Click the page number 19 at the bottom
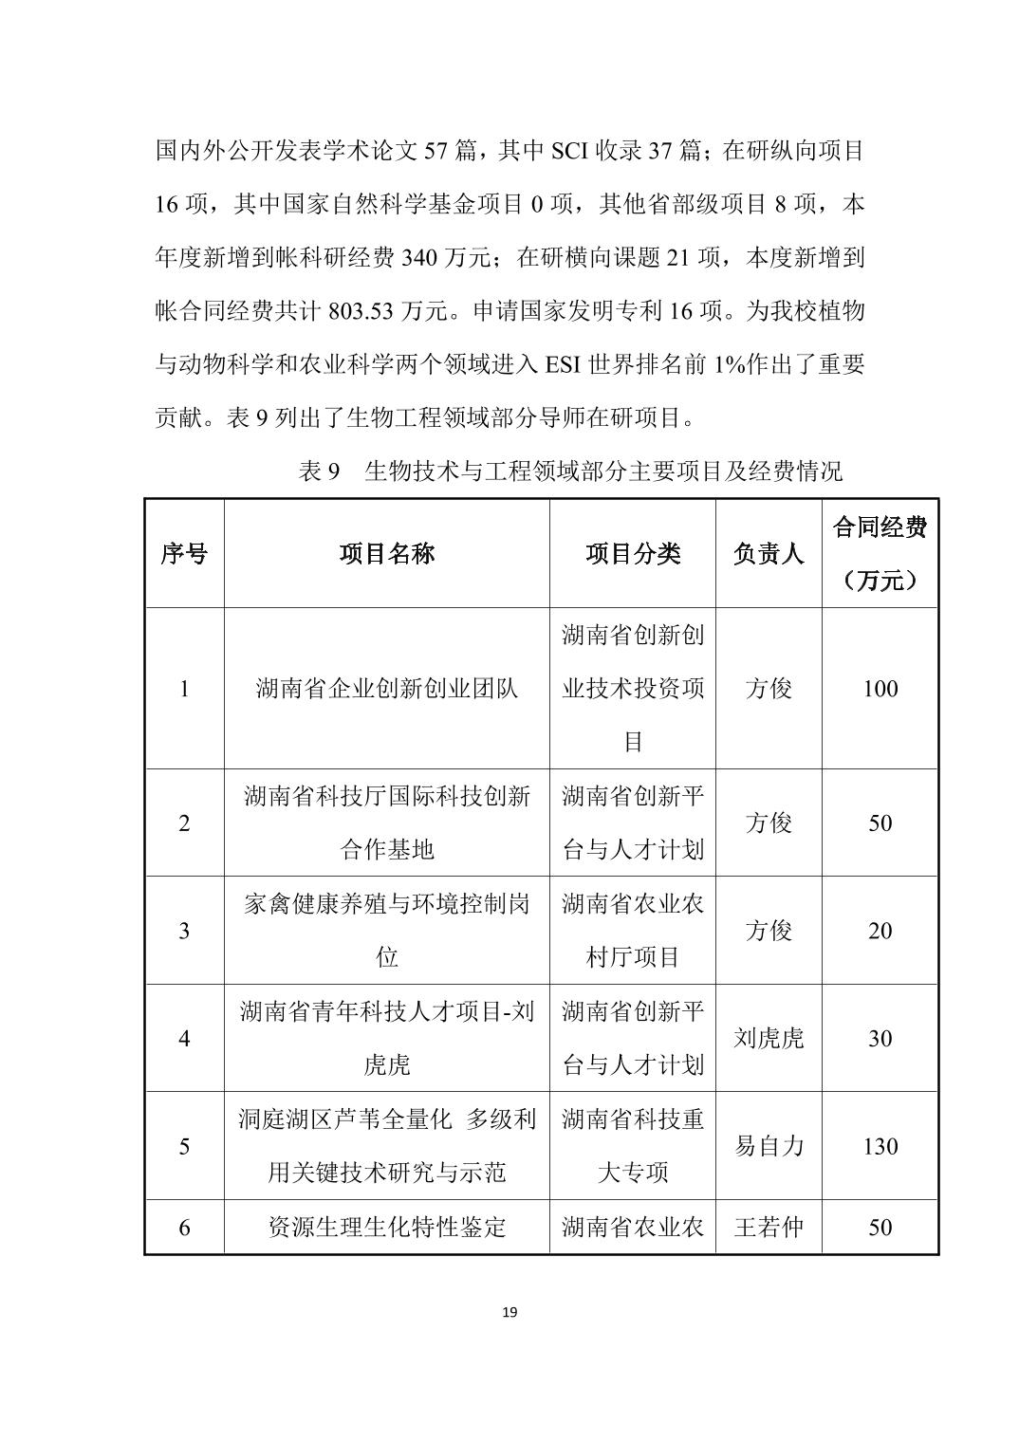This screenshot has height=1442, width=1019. click(x=509, y=1313)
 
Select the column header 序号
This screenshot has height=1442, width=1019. click(x=184, y=554)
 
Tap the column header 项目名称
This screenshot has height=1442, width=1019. click(x=387, y=554)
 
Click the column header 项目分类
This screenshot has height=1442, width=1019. click(x=633, y=554)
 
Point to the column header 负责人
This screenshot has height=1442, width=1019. click(x=769, y=554)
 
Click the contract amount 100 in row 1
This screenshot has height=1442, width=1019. click(x=880, y=689)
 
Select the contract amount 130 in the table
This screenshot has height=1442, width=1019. click(x=880, y=1146)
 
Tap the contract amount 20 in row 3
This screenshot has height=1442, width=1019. click(x=880, y=931)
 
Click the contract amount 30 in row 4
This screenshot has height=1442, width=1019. click(x=880, y=1039)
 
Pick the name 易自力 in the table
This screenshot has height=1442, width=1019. click(x=769, y=1146)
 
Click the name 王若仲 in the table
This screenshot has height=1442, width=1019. click(x=769, y=1228)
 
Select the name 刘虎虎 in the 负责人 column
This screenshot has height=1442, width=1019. click(x=769, y=1039)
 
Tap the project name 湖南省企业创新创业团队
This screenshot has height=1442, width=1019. click(x=387, y=689)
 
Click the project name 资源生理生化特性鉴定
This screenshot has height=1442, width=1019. click(x=387, y=1228)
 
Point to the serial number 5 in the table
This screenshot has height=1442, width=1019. click(x=184, y=1146)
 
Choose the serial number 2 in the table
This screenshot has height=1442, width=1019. click(x=184, y=823)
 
